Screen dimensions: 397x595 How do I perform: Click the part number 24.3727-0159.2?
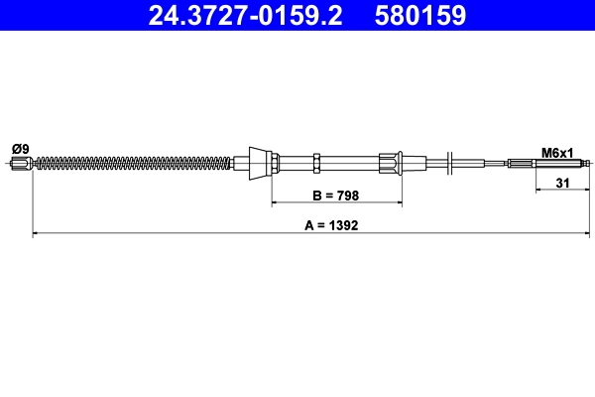pos(245,15)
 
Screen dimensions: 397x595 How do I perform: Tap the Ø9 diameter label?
pos(20,149)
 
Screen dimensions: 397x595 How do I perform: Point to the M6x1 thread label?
pos(558,152)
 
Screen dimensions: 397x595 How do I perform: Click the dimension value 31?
pos(562,182)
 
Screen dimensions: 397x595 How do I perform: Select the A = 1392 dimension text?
pos(330,225)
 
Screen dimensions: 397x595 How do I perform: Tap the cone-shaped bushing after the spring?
pos(259,162)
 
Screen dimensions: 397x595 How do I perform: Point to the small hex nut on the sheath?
pos(316,162)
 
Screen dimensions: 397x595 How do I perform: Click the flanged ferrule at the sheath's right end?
pos(391,162)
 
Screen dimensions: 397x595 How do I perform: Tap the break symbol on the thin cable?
pos(452,162)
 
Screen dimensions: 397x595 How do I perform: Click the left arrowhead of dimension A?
pos(37,234)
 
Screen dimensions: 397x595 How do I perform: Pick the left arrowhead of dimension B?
pos(276,202)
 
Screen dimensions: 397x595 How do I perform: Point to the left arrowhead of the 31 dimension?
pos(538,191)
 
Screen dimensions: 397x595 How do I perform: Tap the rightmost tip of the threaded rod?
pos(590,163)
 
